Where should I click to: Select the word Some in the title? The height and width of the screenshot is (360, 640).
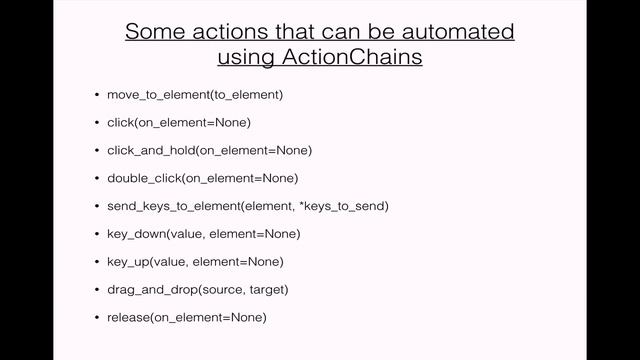pyautogui.click(x=153, y=31)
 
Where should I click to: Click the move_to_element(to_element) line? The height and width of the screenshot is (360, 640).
pyautogui.click(x=195, y=95)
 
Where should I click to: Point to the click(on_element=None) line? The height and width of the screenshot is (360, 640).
pyautogui.click(x=178, y=123)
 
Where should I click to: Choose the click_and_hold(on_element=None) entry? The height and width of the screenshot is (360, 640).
pyautogui.click(x=209, y=150)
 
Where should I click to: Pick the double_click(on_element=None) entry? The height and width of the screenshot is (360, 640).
pyautogui.click(x=202, y=178)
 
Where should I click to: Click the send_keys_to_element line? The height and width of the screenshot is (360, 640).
pyautogui.click(x=247, y=206)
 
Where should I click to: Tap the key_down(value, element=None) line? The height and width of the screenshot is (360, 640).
pyautogui.click(x=203, y=234)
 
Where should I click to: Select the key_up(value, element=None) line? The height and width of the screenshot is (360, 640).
pyautogui.click(x=195, y=261)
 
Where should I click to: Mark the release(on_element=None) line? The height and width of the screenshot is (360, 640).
pyautogui.click(x=186, y=317)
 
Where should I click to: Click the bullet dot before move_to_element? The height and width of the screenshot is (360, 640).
pyautogui.click(x=96, y=95)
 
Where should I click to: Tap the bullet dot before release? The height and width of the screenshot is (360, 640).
pyautogui.click(x=96, y=317)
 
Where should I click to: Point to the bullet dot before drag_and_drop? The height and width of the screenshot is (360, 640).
pyautogui.click(x=96, y=289)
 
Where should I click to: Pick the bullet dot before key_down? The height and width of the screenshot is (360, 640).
pyautogui.click(x=96, y=234)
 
